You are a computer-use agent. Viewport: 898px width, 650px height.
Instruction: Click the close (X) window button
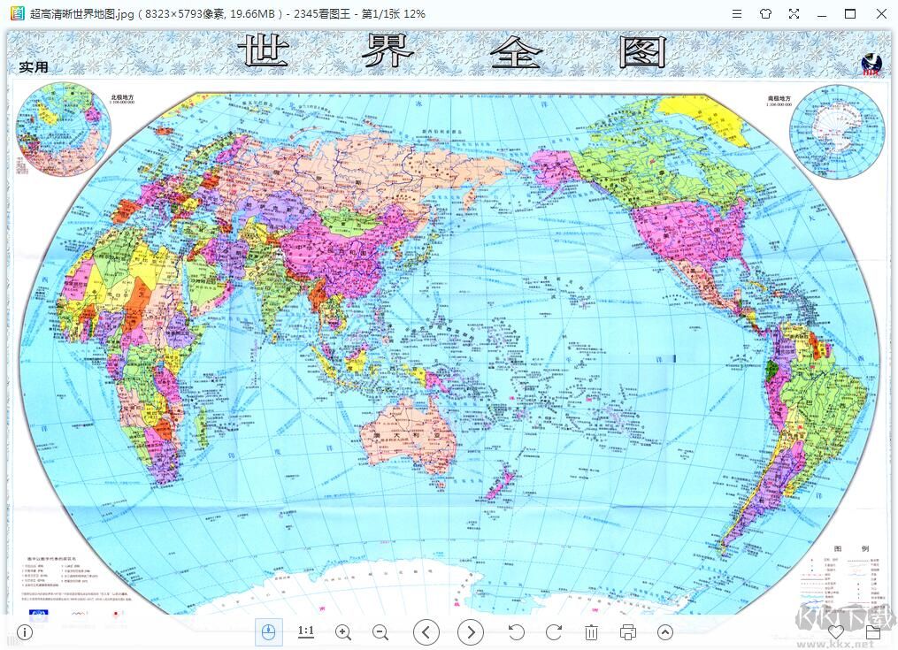click(x=879, y=13)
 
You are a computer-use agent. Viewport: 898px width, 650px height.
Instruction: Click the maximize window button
click(x=850, y=13)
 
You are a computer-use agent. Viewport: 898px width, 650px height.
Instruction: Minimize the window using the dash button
click(x=822, y=13)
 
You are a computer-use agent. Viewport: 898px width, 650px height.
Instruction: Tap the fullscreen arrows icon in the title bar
click(x=794, y=13)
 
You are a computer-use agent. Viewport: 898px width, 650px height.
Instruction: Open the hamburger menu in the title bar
click(x=737, y=13)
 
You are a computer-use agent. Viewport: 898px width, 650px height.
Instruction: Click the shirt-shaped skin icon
click(x=765, y=13)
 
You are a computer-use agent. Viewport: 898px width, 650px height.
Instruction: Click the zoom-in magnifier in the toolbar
click(x=343, y=631)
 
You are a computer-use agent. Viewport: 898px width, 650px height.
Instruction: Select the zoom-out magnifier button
click(x=380, y=631)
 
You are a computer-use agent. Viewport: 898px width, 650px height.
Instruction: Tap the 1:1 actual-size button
click(x=306, y=631)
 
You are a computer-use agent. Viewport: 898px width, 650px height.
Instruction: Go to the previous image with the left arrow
click(x=426, y=631)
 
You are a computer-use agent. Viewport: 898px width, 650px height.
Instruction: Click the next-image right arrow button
click(x=471, y=631)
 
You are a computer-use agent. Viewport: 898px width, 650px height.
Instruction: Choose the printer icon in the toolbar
click(x=628, y=631)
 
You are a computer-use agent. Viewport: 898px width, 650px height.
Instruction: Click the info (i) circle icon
click(x=25, y=631)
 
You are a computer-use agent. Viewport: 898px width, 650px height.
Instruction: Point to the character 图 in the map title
click(x=641, y=54)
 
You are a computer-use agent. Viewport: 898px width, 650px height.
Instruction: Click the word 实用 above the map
click(x=34, y=67)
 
